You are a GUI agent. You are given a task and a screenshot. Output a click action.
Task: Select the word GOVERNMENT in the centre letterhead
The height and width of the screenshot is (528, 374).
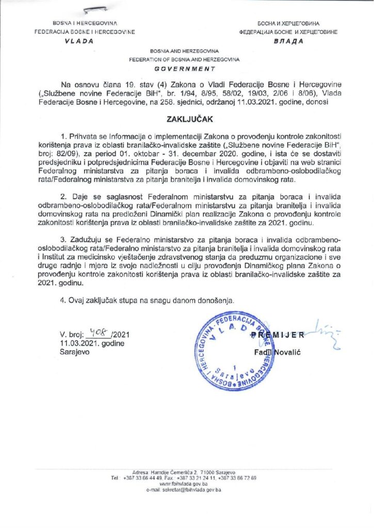tap(184, 68)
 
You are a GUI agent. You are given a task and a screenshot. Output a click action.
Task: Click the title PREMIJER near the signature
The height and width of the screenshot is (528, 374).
tap(284, 335)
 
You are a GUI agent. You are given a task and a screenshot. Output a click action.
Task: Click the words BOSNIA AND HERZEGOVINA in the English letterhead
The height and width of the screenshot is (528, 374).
tap(184, 52)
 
